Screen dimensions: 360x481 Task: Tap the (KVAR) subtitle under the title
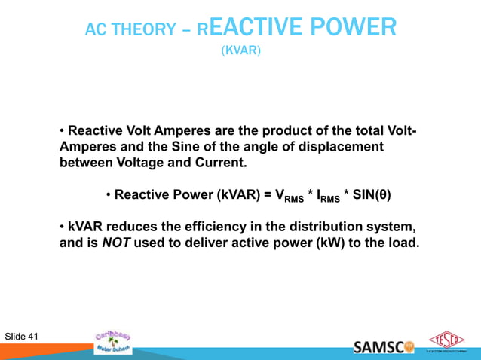click(x=240, y=51)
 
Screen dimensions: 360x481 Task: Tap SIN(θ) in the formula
click(x=368, y=196)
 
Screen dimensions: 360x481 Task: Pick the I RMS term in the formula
click(x=325, y=197)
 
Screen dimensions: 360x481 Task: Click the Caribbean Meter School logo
click(x=113, y=340)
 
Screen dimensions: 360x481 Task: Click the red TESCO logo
click(x=446, y=340)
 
